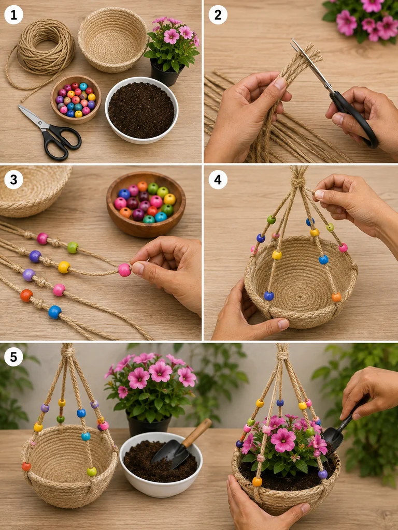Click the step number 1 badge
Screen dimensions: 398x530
pyautogui.click(x=13, y=15)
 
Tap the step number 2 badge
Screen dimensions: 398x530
pyautogui.click(x=218, y=15)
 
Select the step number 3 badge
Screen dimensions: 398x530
pyautogui.click(x=13, y=180)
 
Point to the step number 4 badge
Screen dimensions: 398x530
pyautogui.click(x=218, y=180)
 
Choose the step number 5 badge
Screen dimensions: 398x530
pyautogui.click(x=13, y=357)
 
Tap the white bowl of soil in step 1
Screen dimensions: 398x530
pyautogui.click(x=141, y=110)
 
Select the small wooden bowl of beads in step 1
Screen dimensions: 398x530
pyautogui.click(x=76, y=99)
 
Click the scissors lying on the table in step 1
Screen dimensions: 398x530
pyautogui.click(x=50, y=132)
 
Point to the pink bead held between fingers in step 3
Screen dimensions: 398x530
pyautogui.click(x=124, y=270)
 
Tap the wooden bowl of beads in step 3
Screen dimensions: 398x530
pyautogui.click(x=146, y=204)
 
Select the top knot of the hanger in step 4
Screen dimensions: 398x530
pyautogui.click(x=298, y=182)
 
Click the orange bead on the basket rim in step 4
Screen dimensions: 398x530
pyautogui.click(x=336, y=297)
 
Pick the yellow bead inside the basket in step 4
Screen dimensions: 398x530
pyautogui.click(x=277, y=255)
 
